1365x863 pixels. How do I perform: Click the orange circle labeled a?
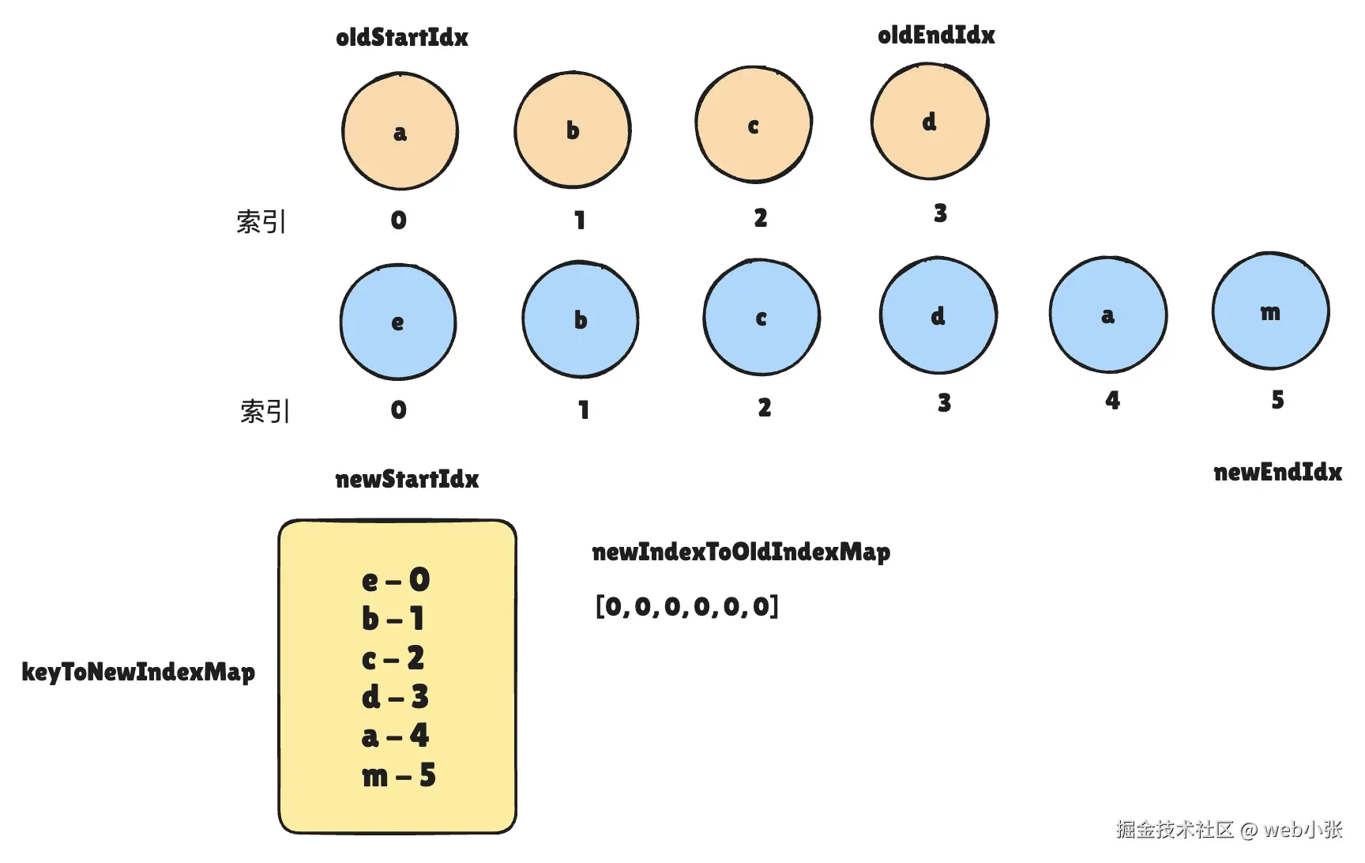tap(400, 131)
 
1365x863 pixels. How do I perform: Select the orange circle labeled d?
tap(930, 122)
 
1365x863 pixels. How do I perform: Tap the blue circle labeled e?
tap(398, 322)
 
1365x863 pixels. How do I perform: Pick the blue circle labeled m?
tap(1271, 311)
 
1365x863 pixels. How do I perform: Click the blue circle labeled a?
tap(1108, 315)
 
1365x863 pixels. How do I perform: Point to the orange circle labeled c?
tap(754, 125)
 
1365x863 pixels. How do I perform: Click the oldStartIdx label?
tap(402, 37)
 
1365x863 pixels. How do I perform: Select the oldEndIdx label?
tap(936, 35)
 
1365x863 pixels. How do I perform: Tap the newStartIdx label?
tap(407, 479)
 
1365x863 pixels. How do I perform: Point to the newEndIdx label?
tap(1277, 473)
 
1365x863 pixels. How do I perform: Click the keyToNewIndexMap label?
tap(138, 672)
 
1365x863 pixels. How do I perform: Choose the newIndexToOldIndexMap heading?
tap(741, 552)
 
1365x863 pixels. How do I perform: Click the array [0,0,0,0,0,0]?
tap(687, 606)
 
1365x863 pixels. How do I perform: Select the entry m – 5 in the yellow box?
tap(399, 775)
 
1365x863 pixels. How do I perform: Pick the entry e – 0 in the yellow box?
tap(396, 580)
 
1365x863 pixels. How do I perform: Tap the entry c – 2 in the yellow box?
tap(393, 658)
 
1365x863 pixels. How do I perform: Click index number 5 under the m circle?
tap(1277, 400)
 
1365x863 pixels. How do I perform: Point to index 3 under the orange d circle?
tap(940, 213)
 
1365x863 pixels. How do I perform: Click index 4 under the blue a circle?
tap(1112, 401)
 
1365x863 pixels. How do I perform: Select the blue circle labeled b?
tap(581, 319)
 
